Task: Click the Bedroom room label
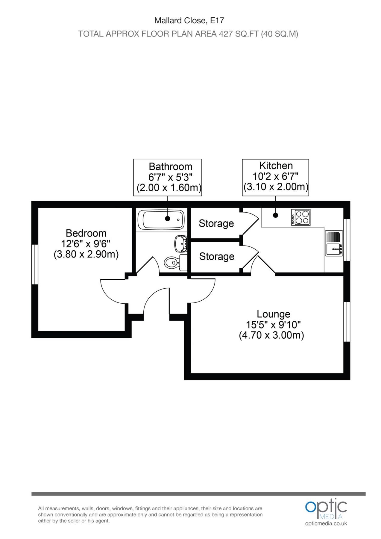point(86,233)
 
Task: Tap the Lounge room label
point(273,314)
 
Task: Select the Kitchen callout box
point(275,177)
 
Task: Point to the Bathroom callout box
point(168,178)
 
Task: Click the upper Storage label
point(216,223)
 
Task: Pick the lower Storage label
point(217,256)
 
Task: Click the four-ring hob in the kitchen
point(301,217)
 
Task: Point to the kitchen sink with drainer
point(334,243)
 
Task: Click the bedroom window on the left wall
point(35,264)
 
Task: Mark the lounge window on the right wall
point(347,322)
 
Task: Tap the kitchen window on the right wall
point(347,240)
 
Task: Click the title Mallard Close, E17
point(189,20)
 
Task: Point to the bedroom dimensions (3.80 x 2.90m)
point(86,254)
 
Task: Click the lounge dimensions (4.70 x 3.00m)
point(271,335)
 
